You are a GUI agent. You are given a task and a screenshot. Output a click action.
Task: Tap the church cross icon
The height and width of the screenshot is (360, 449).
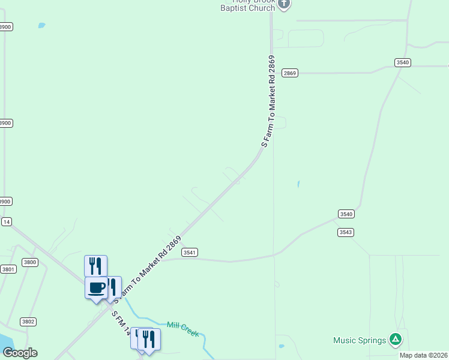pos(284,4)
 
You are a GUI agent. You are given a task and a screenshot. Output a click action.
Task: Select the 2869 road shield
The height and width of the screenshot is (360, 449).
pos(290,73)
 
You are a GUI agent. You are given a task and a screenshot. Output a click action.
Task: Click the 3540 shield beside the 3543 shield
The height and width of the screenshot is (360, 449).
pos(346,214)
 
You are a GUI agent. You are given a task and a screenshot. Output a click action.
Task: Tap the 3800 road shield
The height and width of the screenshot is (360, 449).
pos(29,262)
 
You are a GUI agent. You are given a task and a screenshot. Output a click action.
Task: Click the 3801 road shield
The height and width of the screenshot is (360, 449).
pos(8,269)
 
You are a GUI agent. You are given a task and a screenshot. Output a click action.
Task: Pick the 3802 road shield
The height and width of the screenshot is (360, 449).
pos(28,322)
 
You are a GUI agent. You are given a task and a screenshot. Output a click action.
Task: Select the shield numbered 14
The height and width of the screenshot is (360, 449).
pos(7,221)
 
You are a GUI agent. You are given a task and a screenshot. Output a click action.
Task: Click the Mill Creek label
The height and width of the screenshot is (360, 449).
pos(182,328)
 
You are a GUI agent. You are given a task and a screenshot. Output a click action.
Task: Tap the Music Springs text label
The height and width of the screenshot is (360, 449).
pos(360,340)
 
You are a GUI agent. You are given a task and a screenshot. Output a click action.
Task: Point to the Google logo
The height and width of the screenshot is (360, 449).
pos(20,353)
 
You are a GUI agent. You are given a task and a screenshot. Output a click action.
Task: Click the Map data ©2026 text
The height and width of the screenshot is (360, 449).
pos(424,355)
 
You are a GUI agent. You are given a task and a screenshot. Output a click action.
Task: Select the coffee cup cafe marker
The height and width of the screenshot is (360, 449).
pos(96,287)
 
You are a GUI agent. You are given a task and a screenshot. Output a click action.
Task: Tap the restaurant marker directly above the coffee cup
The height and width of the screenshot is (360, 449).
pos(95,265)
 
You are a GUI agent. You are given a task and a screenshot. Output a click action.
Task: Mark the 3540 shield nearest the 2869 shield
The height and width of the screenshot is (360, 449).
pos(403,62)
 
